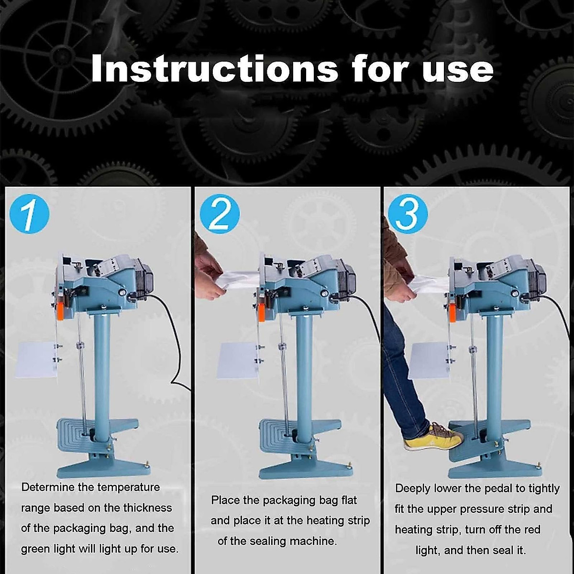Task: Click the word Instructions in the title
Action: (214, 68)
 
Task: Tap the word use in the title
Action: (458, 71)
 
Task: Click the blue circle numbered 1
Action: (30, 214)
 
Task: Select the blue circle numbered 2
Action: (220, 214)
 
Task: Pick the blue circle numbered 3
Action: (408, 214)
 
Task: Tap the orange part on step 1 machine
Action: (60, 311)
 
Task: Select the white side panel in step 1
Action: (36, 360)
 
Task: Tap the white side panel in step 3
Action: (429, 361)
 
